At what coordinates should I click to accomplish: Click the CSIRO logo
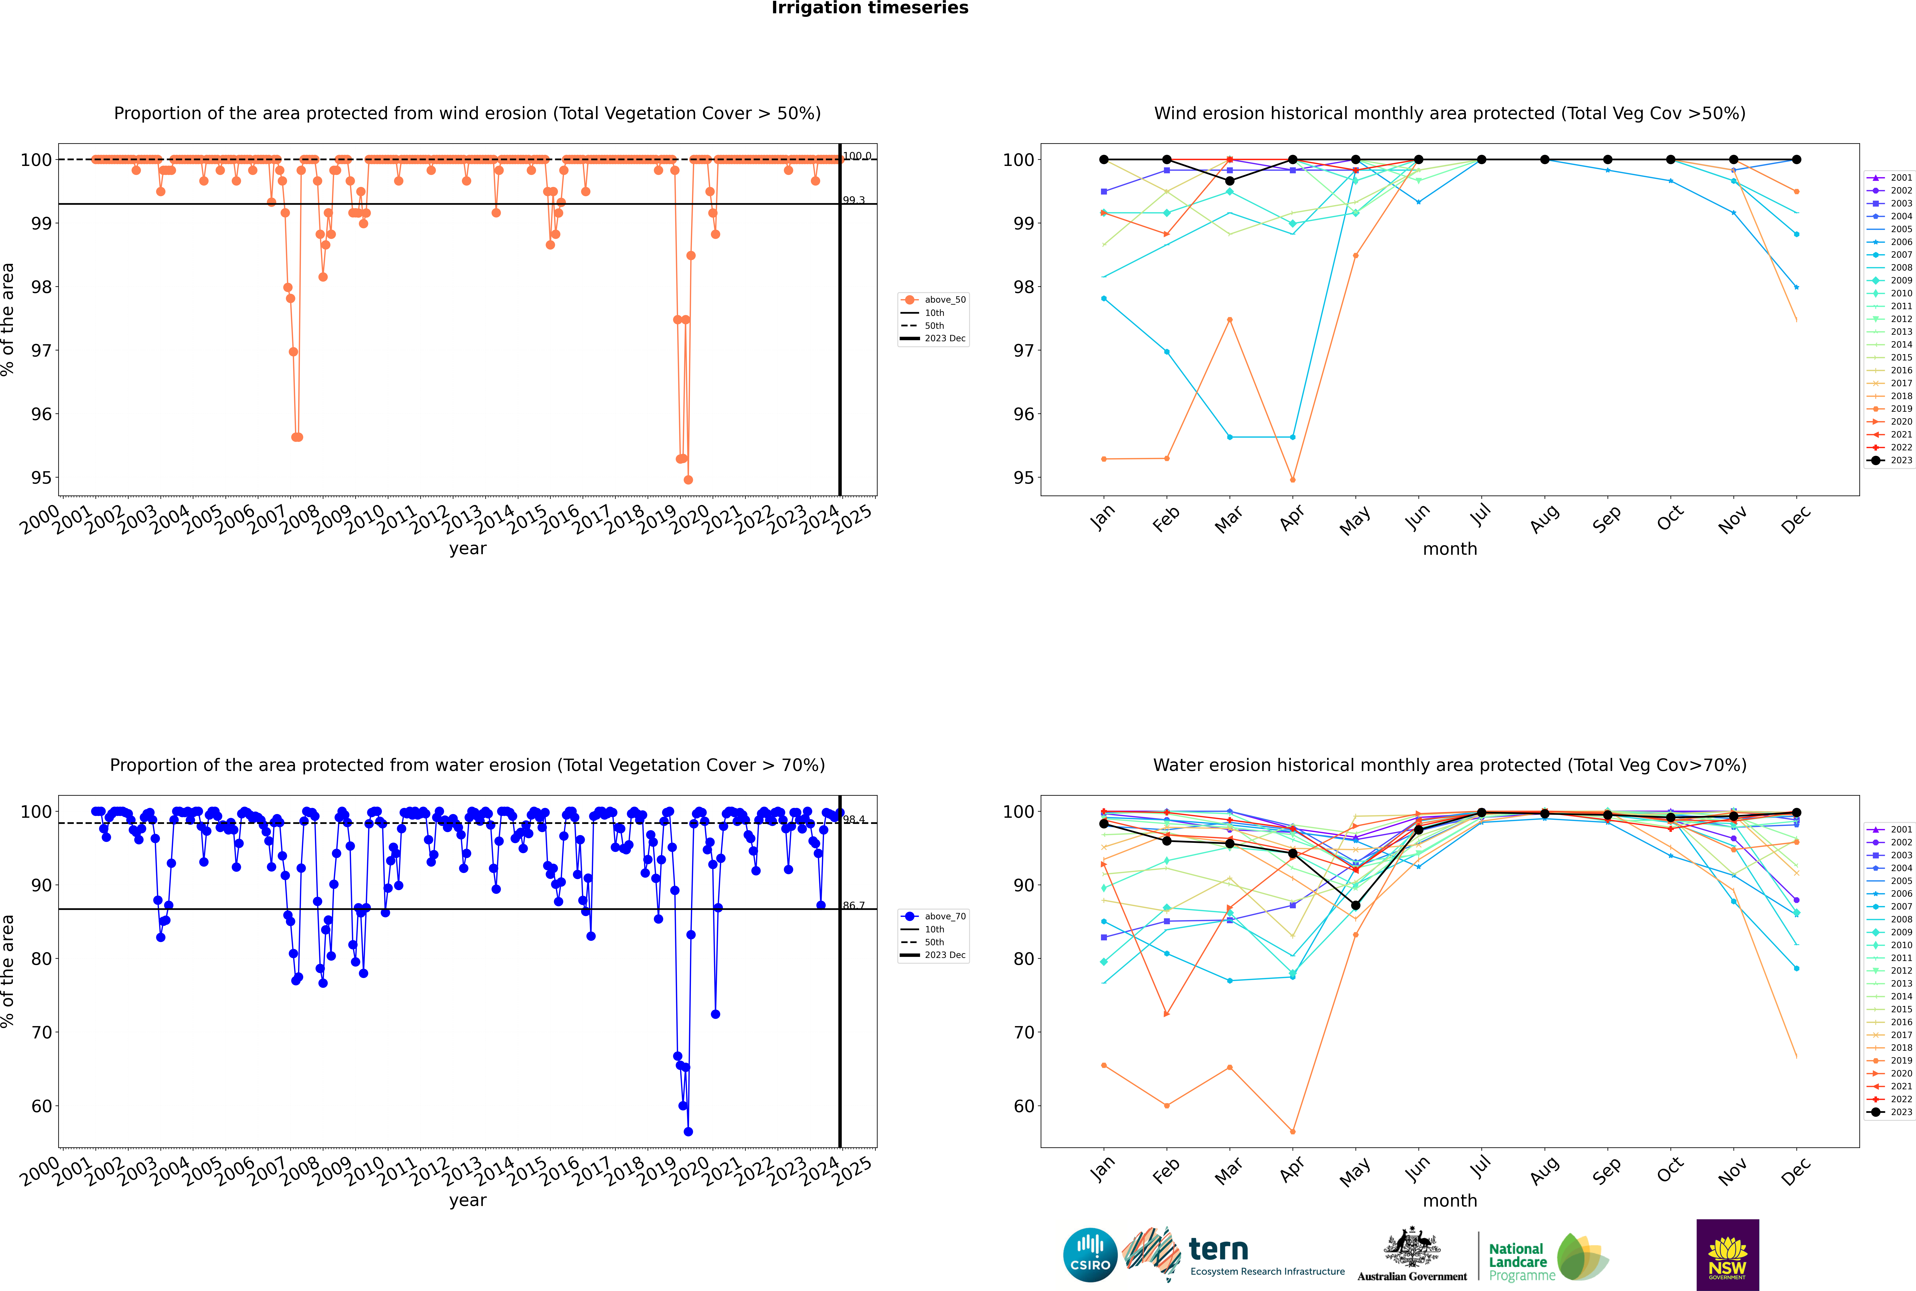[1090, 1255]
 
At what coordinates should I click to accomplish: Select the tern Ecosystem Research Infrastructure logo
[1233, 1255]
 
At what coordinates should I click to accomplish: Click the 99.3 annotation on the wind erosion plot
[853, 200]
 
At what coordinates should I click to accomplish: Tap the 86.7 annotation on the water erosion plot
[853, 906]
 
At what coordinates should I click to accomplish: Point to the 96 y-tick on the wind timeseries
[41, 414]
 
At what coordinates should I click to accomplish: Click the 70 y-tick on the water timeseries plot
[41, 1033]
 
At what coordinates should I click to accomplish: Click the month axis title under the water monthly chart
[1450, 1200]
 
